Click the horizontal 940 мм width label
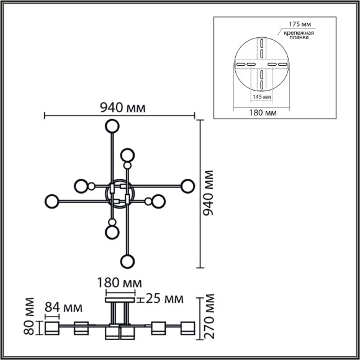tap(123, 107)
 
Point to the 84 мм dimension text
tap(64, 307)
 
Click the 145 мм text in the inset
tap(261, 97)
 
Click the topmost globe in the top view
tap(112, 127)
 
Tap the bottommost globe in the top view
tap(127, 261)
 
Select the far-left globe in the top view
tap(52, 201)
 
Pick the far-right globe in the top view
tap(187, 186)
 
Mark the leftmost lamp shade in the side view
tap(50, 328)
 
